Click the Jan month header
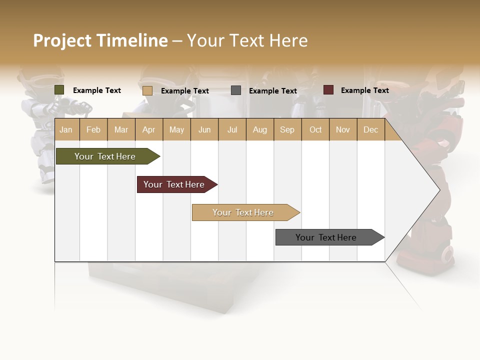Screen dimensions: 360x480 click(x=66, y=129)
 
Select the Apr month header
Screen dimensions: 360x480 click(x=148, y=129)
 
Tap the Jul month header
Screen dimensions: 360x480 click(x=232, y=129)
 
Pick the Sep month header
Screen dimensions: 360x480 click(x=287, y=129)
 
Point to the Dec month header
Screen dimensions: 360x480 click(x=370, y=129)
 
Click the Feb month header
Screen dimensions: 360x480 click(x=93, y=129)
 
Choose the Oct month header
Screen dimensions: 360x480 click(x=315, y=129)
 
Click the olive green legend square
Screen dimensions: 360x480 click(x=59, y=90)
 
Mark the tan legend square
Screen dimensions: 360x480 click(x=147, y=90)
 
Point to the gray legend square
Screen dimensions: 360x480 click(x=236, y=90)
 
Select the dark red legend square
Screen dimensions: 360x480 click(x=328, y=90)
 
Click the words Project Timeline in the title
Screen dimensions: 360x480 click(x=100, y=40)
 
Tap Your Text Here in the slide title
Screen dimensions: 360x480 click(x=247, y=40)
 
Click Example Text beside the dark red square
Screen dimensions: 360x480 click(x=364, y=90)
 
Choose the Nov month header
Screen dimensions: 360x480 click(x=343, y=129)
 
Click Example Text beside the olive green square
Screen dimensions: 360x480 click(x=97, y=90)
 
